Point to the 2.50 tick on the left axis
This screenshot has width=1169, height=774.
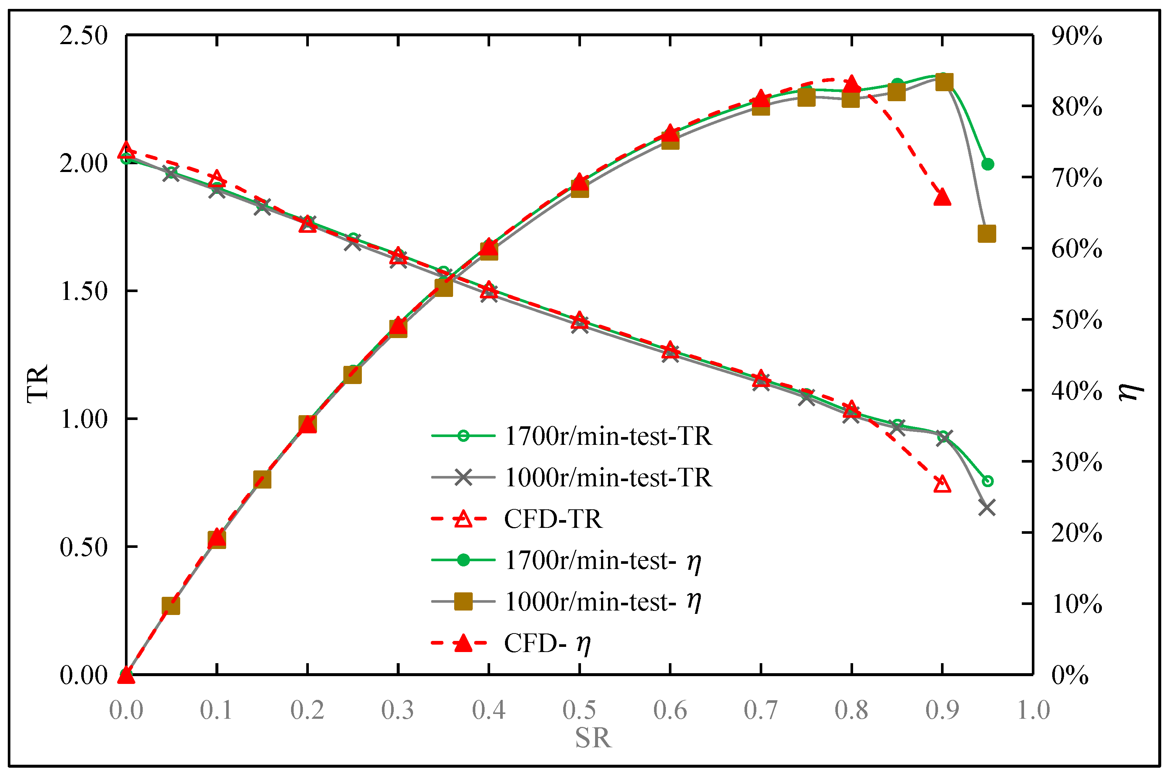pyautogui.click(x=83, y=36)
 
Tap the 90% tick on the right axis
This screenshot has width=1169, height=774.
pyautogui.click(x=1076, y=36)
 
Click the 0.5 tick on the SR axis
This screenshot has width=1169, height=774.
pyautogui.click(x=579, y=710)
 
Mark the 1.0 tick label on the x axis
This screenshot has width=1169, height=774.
pyautogui.click(x=1033, y=710)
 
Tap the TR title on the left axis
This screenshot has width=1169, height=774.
pyautogui.click(x=37, y=384)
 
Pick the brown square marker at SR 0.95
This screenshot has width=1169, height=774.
pyautogui.click(x=986, y=234)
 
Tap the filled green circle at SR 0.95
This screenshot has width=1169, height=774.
pyautogui.click(x=987, y=164)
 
